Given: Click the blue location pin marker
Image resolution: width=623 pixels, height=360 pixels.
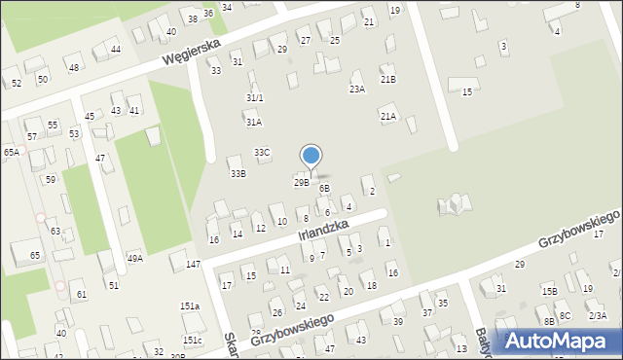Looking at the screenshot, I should pos(311,156).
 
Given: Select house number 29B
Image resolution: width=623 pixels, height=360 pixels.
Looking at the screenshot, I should pos(301,182).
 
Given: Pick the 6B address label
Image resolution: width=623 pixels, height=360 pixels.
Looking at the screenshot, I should pos(324,188).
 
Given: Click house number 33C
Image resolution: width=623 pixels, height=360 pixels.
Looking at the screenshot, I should pos(262,153).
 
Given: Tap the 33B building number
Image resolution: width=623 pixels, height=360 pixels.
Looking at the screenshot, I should pos(238,173).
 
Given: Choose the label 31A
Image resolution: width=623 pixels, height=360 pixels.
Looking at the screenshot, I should pos(253,123).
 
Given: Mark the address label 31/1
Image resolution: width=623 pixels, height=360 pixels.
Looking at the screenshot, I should pos(254,97).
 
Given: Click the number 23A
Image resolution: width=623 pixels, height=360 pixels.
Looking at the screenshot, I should pos(357,89).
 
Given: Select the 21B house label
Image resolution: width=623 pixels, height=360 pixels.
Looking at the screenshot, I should pos(387,79).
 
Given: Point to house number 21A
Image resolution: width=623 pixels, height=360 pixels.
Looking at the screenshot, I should pos(387,116).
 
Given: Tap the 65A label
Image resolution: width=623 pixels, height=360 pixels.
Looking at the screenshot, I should pos(11,152).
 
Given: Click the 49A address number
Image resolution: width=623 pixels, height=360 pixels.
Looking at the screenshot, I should pos(135,258).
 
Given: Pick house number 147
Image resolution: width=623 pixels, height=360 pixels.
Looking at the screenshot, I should pos(194,265).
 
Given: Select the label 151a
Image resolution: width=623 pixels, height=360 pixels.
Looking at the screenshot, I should pos(189,306).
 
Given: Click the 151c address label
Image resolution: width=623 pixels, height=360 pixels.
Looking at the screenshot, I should pos(192,340).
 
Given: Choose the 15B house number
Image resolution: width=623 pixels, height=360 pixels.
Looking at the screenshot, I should pos(550,291).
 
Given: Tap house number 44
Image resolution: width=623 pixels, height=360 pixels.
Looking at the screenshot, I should pos(115,49).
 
